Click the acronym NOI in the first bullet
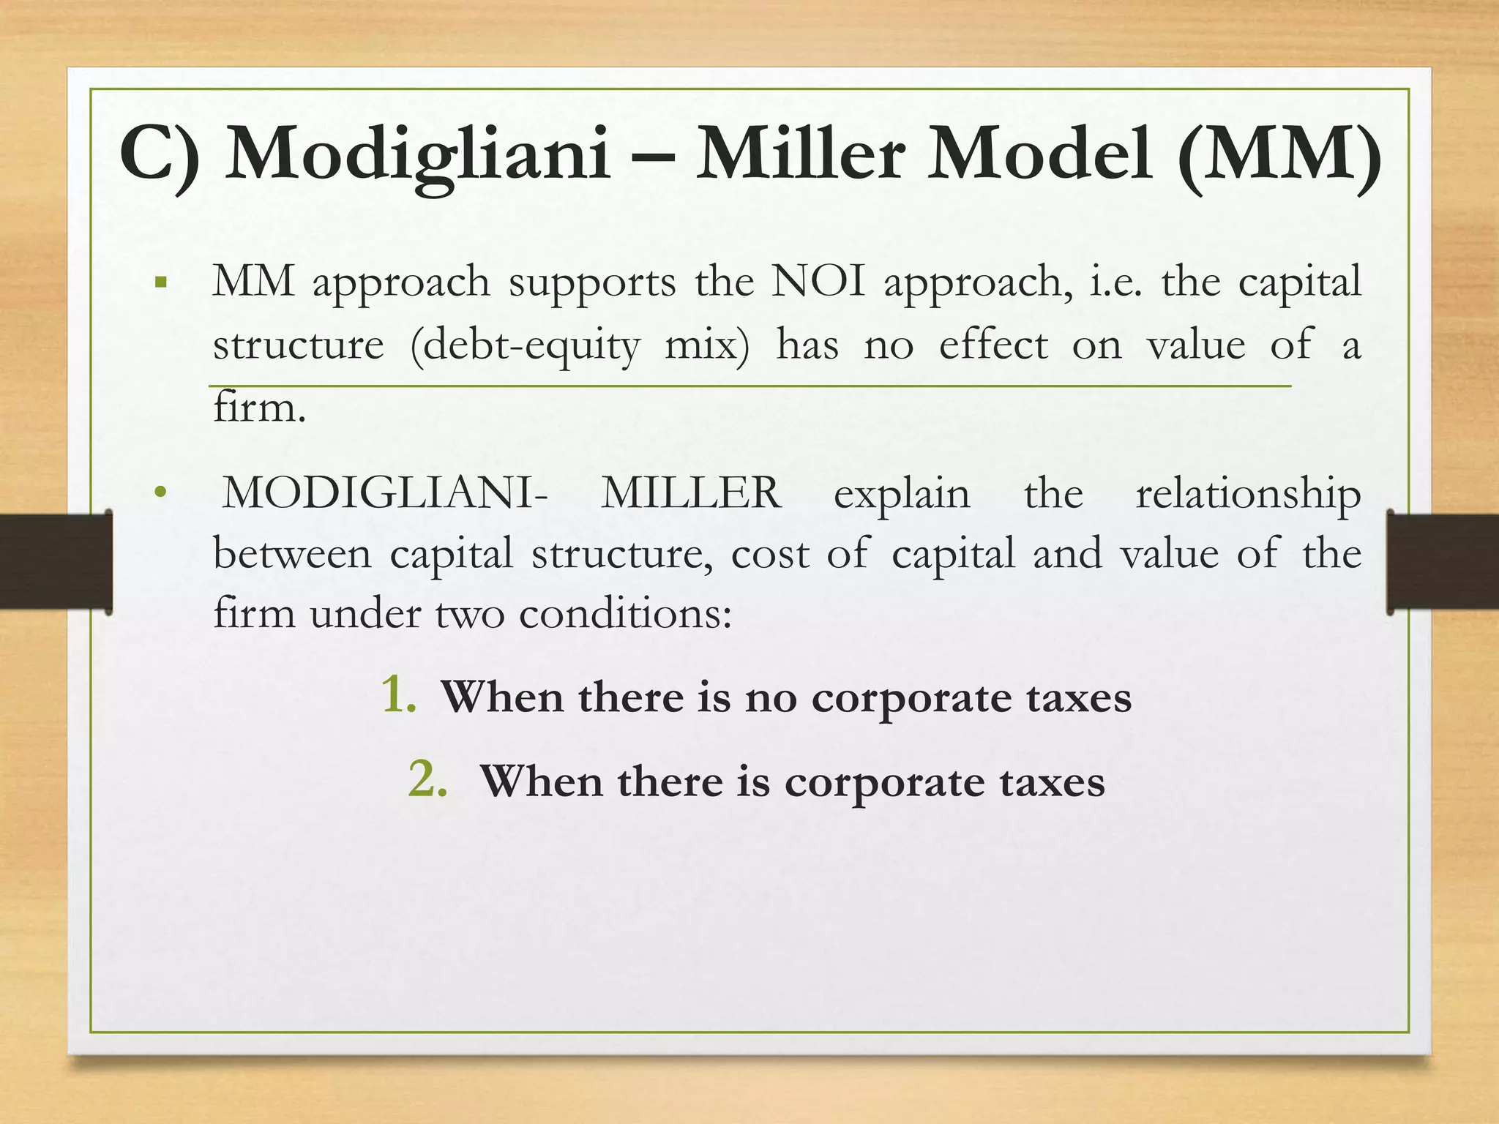[x=818, y=282]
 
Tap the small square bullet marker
[x=162, y=282]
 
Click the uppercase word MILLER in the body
[x=691, y=493]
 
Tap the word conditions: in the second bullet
[x=625, y=613]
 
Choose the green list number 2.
[x=427, y=780]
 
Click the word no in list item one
[x=771, y=698]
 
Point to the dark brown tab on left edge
[x=56, y=561]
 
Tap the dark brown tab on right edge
[x=1443, y=561]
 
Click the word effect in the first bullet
[x=993, y=345]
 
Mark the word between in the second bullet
[x=292, y=554]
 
